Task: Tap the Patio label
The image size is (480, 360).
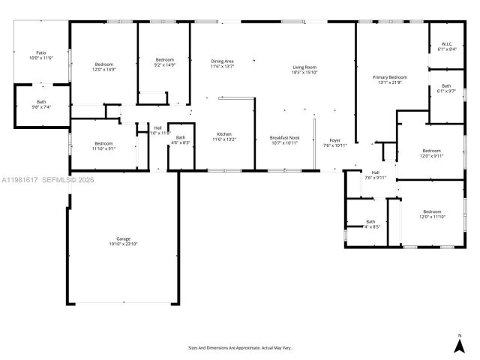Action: (40, 55)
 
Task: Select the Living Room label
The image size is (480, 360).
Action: (304, 70)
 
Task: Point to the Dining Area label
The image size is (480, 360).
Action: (222, 64)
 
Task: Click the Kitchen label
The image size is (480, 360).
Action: (223, 136)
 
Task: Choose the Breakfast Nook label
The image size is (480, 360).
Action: (284, 139)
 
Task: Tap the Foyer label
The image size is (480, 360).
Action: (334, 142)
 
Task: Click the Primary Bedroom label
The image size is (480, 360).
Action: (390, 79)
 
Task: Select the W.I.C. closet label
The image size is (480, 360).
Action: (446, 46)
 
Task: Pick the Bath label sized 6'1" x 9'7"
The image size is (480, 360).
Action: (446, 88)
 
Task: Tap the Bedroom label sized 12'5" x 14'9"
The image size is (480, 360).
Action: (103, 66)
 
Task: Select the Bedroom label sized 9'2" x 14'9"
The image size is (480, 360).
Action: (165, 62)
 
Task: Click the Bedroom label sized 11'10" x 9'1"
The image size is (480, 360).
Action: (103, 145)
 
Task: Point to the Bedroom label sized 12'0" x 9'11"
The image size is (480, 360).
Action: (431, 153)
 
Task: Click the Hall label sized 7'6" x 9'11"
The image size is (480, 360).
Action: (374, 175)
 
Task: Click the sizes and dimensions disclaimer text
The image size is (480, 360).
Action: (239, 348)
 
